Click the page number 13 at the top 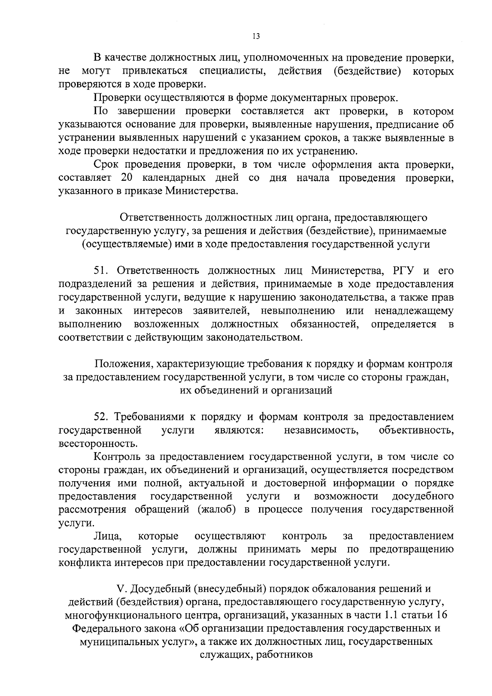256,36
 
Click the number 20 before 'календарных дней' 127,178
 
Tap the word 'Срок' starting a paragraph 107,165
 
